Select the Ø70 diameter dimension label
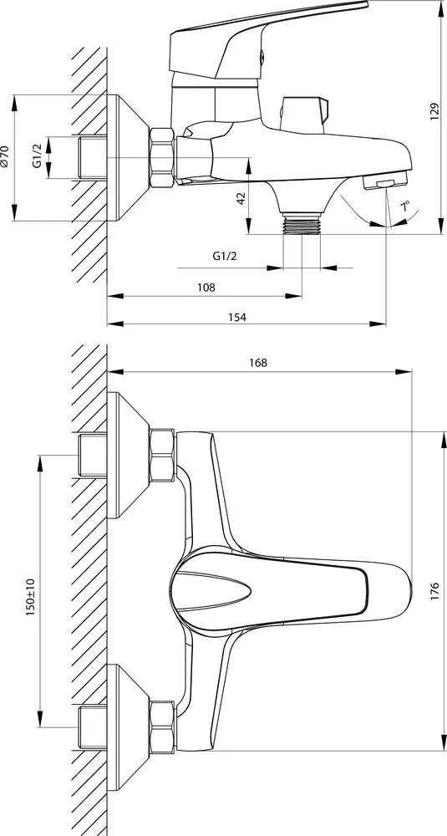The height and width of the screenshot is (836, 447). [x=5, y=157]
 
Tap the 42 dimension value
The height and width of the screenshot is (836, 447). [x=241, y=199]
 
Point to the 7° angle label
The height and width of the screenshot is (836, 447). [x=406, y=206]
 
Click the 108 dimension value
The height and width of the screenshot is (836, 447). [x=206, y=288]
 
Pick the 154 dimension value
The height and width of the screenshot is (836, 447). [x=237, y=317]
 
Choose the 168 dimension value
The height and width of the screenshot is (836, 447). [x=258, y=363]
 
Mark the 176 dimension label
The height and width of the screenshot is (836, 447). [x=434, y=592]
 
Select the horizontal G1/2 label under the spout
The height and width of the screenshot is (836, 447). [x=224, y=256]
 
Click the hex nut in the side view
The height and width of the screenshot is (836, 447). [x=162, y=157]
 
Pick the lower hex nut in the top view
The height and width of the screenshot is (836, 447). [x=162, y=726]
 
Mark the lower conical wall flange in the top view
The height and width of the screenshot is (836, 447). [x=129, y=727]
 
